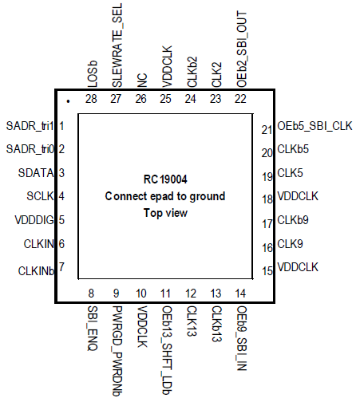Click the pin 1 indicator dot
point(68,101)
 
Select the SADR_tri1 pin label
point(30,126)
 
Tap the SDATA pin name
point(36,173)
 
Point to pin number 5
point(61,220)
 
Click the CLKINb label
point(36,271)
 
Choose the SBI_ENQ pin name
point(93,329)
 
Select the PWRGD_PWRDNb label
point(117,351)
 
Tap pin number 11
point(165,294)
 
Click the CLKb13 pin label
point(216,324)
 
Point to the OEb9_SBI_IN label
point(242,338)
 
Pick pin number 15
point(267,271)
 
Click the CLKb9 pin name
point(293,220)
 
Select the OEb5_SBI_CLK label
point(315,126)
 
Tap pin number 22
point(240,99)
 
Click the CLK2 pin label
point(216,75)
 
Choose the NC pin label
point(142,81)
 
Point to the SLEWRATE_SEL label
point(117,45)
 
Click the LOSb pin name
point(93,74)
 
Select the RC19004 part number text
point(165,179)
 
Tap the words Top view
point(165,213)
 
